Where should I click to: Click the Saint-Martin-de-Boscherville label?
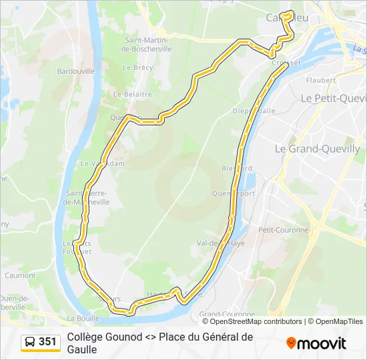pyautogui.click(x=148, y=44)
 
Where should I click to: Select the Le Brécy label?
pyautogui.click(x=138, y=67)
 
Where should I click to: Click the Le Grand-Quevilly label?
pyautogui.click(x=318, y=149)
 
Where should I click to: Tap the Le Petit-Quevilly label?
pyautogui.click(x=333, y=98)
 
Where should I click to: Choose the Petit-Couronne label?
pyautogui.click(x=284, y=230)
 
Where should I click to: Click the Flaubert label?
pyautogui.click(x=320, y=80)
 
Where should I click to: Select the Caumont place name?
pyautogui.click(x=20, y=275)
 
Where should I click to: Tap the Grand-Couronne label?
pyautogui.click(x=227, y=314)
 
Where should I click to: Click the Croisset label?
pyautogui.click(x=287, y=63)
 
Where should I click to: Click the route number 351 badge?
pyautogui.click(x=47, y=342)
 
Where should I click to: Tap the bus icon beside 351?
pyautogui.click(x=30, y=342)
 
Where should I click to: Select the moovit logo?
pyautogui.click(x=316, y=343)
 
